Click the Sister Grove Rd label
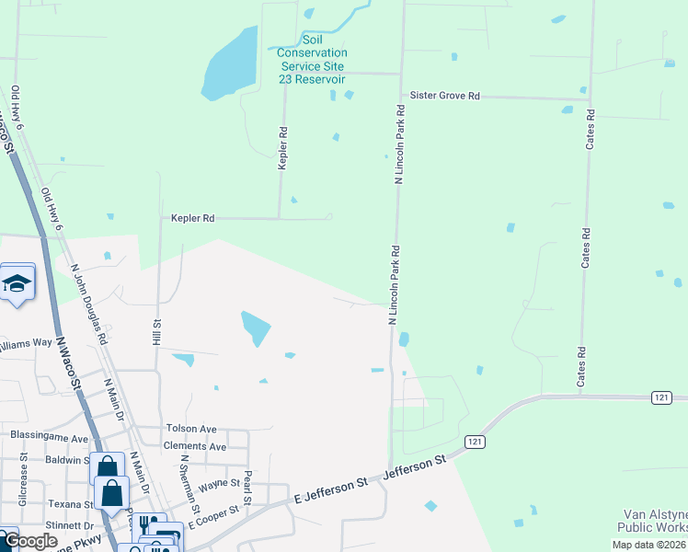click(445, 96)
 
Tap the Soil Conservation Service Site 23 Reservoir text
click(313, 60)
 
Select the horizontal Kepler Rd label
click(192, 219)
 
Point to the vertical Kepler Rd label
click(283, 147)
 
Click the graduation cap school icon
click(17, 283)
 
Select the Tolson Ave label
click(190, 429)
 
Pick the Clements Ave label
click(194, 446)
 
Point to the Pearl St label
click(247, 481)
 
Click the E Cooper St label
click(213, 515)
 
